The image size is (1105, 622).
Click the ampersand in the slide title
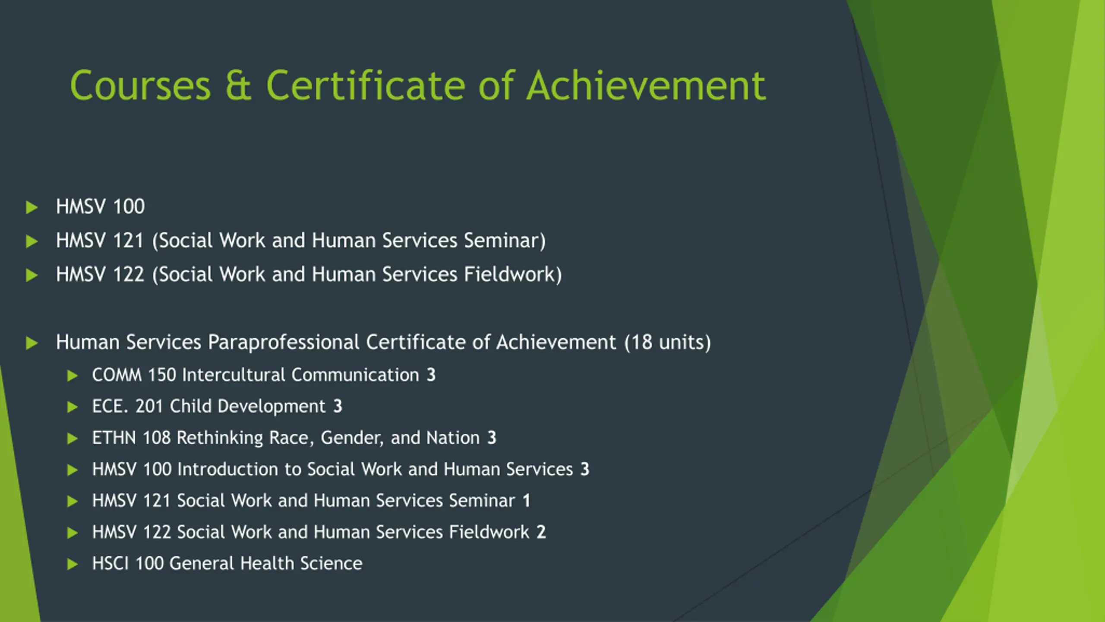point(238,86)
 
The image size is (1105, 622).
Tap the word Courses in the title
point(140,86)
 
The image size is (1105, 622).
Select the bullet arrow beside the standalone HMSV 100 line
point(32,207)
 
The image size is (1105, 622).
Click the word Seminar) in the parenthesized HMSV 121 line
point(505,240)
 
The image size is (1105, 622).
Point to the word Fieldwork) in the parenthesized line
point(513,274)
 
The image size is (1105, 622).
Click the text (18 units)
point(667,342)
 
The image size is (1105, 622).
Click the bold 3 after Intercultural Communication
point(431,375)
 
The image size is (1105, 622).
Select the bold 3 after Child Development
point(338,406)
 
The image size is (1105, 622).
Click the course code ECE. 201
point(127,406)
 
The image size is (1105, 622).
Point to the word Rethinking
point(220,438)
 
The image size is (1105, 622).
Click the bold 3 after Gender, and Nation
point(492,438)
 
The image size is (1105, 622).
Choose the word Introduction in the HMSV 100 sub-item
point(227,470)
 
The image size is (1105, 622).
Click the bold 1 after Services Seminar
point(526,501)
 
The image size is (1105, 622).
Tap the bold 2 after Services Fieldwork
point(541,532)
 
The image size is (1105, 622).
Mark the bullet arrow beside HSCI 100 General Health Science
point(73,564)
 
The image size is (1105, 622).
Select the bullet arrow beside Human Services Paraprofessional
point(32,343)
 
